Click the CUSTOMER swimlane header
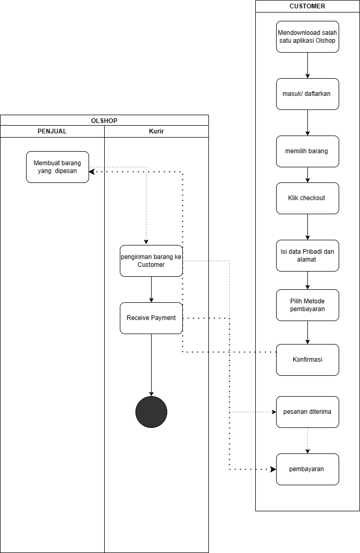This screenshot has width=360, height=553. (x=307, y=6)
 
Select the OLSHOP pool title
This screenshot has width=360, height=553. (x=104, y=120)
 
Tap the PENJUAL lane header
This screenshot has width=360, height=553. (x=52, y=131)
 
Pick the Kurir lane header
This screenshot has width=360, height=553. (x=156, y=131)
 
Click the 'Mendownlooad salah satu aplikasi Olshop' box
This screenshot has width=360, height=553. (x=307, y=36)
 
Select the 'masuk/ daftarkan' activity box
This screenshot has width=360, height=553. (x=307, y=94)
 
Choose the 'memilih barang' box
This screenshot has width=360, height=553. (x=307, y=151)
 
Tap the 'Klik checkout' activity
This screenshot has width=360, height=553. (x=307, y=198)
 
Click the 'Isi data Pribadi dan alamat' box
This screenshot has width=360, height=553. (x=307, y=256)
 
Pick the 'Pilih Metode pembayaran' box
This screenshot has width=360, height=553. (x=307, y=305)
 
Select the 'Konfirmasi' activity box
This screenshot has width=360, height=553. (x=307, y=360)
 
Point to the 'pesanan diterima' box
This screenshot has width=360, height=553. (x=307, y=412)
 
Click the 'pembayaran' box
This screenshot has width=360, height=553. (x=307, y=470)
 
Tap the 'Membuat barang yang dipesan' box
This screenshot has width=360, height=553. (x=57, y=167)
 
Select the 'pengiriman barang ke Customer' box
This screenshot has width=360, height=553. (x=151, y=261)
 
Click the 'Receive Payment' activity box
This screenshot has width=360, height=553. (x=151, y=318)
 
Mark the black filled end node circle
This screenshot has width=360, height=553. (x=151, y=412)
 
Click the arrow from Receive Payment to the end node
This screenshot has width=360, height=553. (x=151, y=365)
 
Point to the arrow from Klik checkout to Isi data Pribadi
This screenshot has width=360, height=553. (x=307, y=227)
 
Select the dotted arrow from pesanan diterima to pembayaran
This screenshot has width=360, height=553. (x=307, y=441)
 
